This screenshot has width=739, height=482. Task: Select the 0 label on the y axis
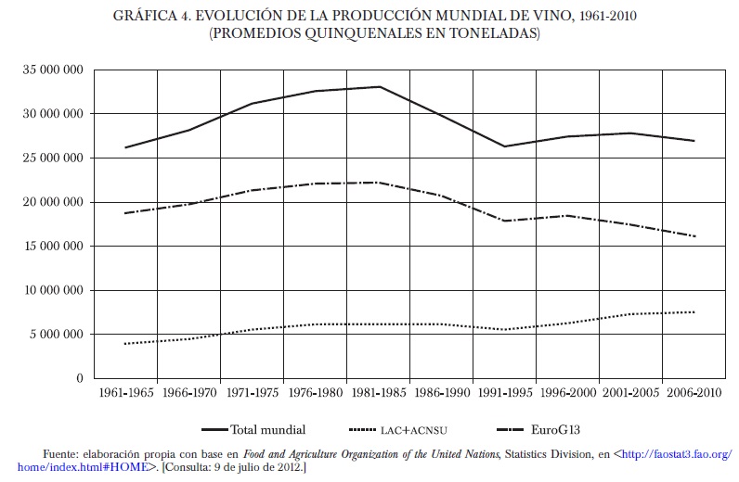click(x=80, y=379)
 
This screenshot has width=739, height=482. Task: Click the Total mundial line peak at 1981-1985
click(x=378, y=87)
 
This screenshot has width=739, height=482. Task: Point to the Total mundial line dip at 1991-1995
click(x=504, y=146)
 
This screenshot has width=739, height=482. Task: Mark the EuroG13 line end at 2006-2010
click(x=694, y=236)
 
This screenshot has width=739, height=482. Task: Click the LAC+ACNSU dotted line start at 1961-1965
click(x=126, y=344)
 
